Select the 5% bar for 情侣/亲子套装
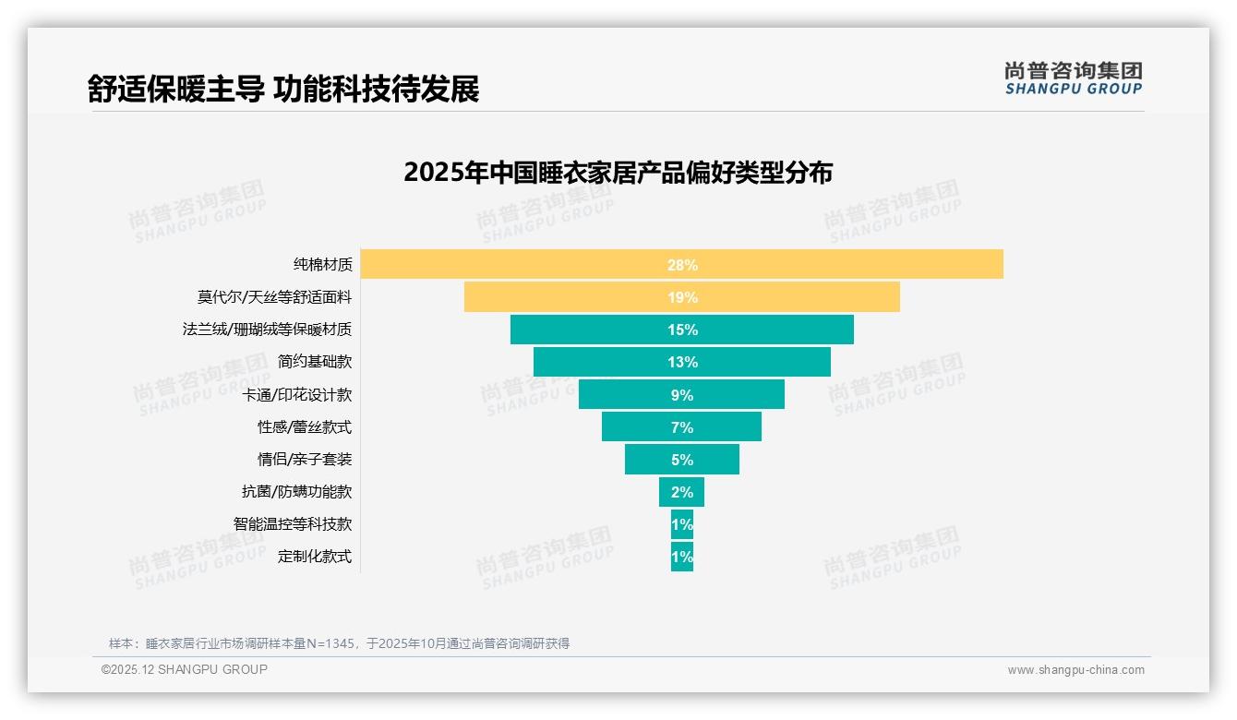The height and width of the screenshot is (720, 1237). [646, 459]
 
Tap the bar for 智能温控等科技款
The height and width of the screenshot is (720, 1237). [682, 524]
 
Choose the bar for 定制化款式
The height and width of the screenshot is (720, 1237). [682, 557]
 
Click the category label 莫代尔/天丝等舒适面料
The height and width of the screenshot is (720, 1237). [274, 297]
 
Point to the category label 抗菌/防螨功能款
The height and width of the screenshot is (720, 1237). [296, 492]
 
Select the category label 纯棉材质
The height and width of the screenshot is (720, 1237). [323, 265]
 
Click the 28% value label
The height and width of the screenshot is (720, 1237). [682, 265]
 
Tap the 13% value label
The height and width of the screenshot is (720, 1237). [682, 362]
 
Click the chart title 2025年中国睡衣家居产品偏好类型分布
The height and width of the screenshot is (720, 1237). [618, 173]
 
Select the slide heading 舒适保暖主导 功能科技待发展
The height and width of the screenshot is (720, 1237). [283, 90]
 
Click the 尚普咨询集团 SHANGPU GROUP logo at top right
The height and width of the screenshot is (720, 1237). [1073, 78]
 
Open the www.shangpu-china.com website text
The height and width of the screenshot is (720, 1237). [1075, 670]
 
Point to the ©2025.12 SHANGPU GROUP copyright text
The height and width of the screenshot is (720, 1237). [185, 669]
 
